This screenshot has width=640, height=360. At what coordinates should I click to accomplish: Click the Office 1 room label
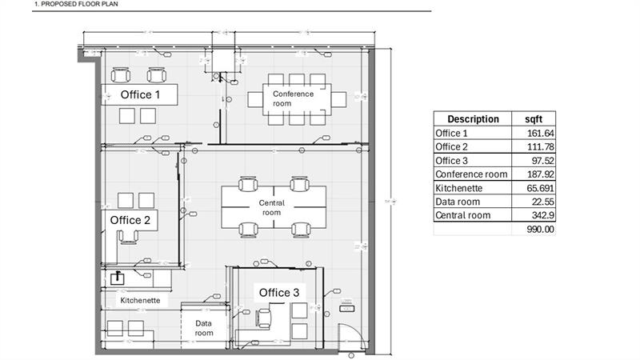tap(140, 94)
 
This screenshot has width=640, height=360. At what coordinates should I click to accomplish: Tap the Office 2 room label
tap(130, 219)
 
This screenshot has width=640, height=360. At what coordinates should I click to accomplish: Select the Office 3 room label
tap(278, 293)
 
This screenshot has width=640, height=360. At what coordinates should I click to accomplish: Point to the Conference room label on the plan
tap(294, 98)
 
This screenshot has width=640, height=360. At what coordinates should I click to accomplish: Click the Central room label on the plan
tap(272, 208)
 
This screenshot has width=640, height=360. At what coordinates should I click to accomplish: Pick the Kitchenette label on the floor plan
tap(140, 301)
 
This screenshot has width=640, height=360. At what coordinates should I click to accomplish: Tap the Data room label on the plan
tap(204, 327)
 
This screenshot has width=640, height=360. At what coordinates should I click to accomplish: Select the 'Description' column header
tap(473, 119)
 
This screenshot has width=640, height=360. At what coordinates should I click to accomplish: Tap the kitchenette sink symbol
tap(118, 278)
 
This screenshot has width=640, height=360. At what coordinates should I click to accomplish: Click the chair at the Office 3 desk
tap(263, 318)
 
